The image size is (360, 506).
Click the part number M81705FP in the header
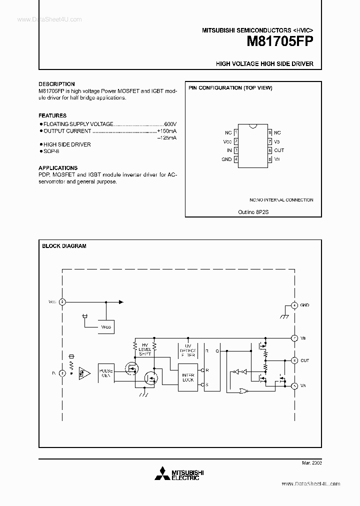pos(280,42)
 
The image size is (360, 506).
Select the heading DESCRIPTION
pos(56,84)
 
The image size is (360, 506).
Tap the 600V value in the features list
pos(170,123)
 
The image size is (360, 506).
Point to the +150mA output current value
pos(167,131)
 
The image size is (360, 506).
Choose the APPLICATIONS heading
pos(58,168)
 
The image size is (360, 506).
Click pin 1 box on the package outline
pos(236,132)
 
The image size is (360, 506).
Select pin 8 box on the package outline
pos(269,132)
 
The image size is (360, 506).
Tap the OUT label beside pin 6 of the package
pos(279,150)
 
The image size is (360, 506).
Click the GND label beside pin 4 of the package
pos(226,159)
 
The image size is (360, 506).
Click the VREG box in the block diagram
pos(106,326)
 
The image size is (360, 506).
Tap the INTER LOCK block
pos(188,377)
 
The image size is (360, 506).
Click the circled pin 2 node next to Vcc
pos(62,302)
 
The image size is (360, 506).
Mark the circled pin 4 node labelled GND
pos(294,305)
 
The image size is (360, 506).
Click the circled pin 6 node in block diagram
pos(294,360)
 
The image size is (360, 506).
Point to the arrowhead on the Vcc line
pos(120,302)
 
